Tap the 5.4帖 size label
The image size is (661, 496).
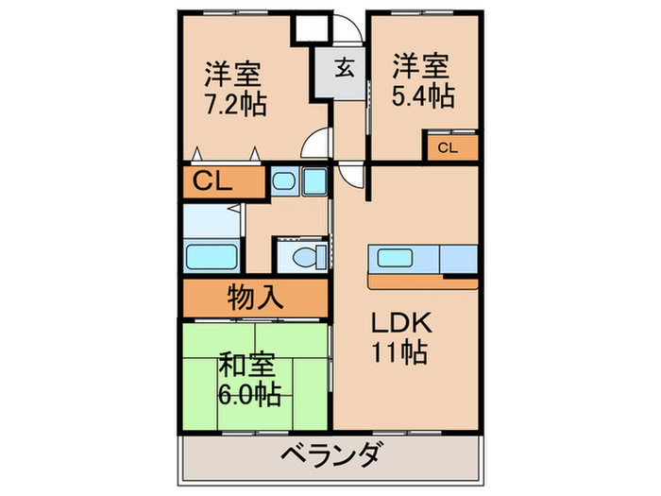(422, 94)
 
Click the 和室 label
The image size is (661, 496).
(247, 362)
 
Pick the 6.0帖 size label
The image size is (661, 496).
(247, 390)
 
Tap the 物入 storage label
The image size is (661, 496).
(254, 298)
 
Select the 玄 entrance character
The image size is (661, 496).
(344, 67)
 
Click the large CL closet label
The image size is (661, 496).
(213, 181)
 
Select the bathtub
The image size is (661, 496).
(211, 257)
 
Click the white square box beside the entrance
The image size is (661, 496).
(309, 27)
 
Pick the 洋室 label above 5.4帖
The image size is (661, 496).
(422, 65)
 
